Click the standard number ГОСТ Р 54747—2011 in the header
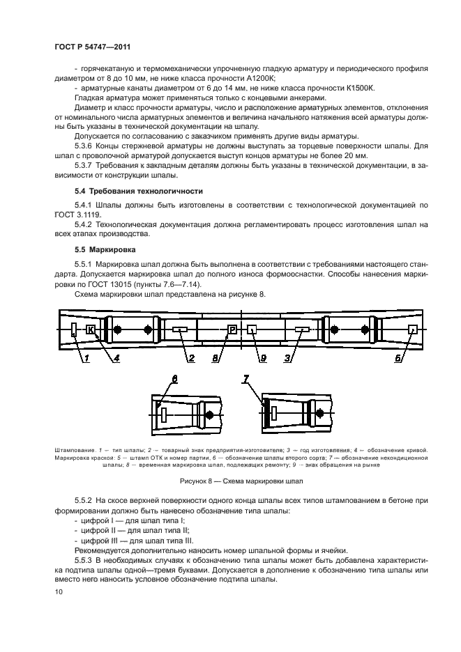click(x=93, y=46)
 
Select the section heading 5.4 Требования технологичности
click(x=138, y=191)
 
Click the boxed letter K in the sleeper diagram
click(x=91, y=329)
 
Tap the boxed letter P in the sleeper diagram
click(x=233, y=329)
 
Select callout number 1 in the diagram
click(x=88, y=359)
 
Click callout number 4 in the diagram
click(x=116, y=359)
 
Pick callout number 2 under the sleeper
click(x=189, y=359)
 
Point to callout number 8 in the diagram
click(x=216, y=359)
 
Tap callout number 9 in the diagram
click(x=263, y=359)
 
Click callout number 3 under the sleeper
click(x=287, y=359)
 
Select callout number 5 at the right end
click(x=400, y=359)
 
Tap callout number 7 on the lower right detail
click(x=245, y=379)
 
